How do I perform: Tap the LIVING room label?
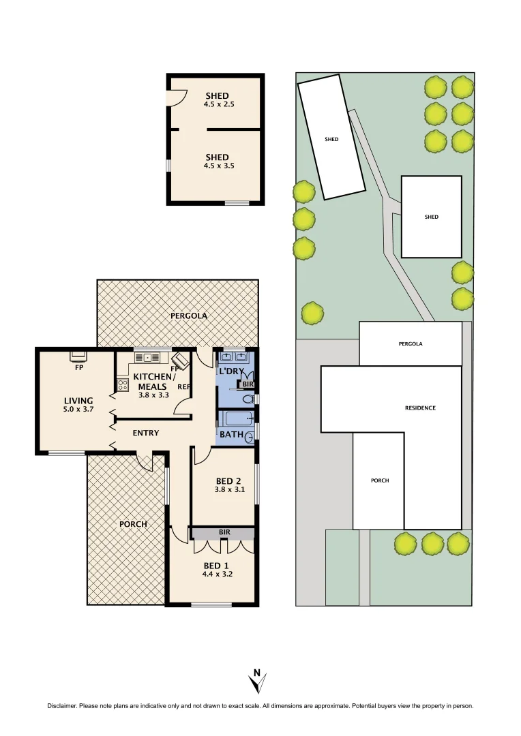[78, 400]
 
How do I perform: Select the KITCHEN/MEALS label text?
[154, 381]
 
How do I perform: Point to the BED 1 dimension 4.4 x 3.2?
[218, 574]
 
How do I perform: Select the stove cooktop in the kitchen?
[123, 385]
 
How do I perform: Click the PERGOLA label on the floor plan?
[188, 316]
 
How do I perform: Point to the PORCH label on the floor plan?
[133, 524]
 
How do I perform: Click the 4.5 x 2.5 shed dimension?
[217, 104]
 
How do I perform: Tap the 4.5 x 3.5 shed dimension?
[217, 166]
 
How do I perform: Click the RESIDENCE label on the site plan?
[420, 408]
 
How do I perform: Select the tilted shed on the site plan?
[331, 138]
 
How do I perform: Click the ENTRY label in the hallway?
[146, 433]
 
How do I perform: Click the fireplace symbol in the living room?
[79, 355]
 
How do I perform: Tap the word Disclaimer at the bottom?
[62, 706]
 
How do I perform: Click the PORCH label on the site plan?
[380, 480]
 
